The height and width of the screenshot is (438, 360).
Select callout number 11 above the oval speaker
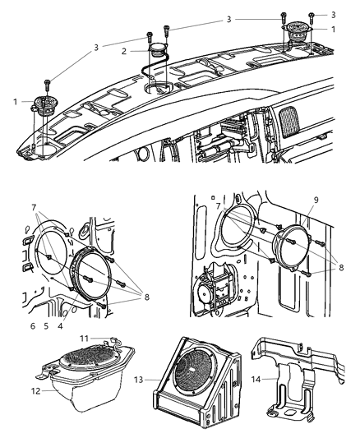click(83, 338)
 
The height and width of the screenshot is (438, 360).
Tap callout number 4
click(59, 326)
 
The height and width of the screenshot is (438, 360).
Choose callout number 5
click(46, 326)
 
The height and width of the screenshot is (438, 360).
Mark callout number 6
click(33, 326)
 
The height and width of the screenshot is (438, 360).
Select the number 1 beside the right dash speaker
click(332, 29)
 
